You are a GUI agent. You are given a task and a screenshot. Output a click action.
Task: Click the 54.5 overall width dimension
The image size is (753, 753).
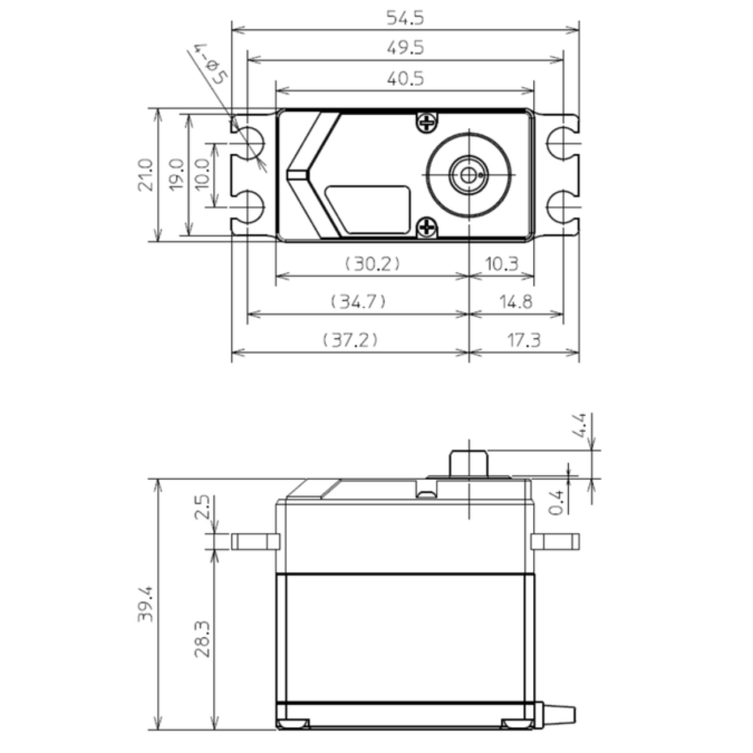point(405,18)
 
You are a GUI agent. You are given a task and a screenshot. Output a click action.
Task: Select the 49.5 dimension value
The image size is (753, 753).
point(405,48)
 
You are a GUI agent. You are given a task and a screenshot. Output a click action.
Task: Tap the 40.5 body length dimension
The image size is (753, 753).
point(405,79)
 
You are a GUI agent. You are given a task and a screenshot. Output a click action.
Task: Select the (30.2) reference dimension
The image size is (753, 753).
point(372,264)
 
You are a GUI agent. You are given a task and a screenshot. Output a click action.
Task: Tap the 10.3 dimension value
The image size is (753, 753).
point(501,264)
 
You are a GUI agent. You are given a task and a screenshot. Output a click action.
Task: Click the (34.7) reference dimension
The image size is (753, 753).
point(359,302)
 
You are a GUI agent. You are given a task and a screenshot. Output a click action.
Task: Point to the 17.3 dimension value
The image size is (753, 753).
point(524,340)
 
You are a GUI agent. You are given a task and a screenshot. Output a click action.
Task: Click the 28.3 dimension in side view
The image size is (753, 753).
point(202,639)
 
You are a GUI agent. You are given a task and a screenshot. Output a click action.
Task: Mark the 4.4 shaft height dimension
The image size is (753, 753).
point(580,426)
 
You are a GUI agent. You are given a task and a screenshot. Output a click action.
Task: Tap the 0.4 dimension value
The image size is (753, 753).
point(558,502)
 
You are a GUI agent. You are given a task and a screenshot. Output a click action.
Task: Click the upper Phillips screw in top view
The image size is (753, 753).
point(427,123)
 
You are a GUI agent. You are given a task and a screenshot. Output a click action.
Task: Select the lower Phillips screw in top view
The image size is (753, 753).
point(427,228)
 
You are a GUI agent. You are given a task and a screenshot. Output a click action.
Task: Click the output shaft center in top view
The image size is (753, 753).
point(469,175)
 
